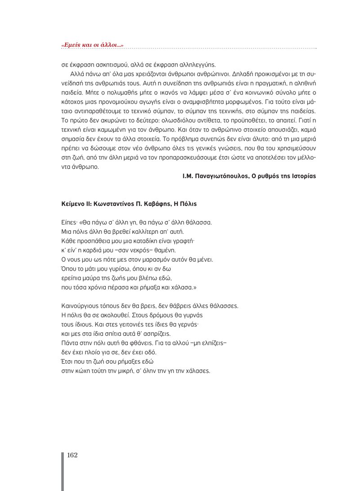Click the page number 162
(x=72, y=455)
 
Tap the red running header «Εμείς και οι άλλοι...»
(x=92, y=45)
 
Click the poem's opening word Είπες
(x=68, y=222)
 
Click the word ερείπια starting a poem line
(x=70, y=278)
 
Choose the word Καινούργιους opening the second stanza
(x=78, y=306)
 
